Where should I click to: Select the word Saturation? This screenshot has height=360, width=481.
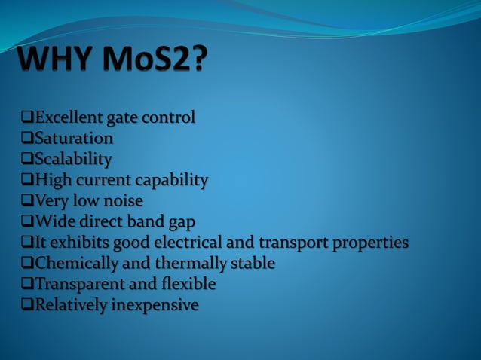74,139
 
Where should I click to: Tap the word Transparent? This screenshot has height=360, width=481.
80,285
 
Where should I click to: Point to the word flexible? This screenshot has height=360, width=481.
191,285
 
